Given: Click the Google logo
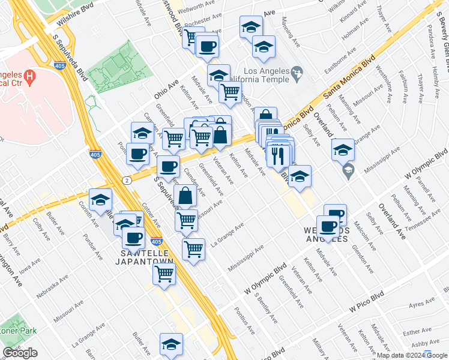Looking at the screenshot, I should tap(20, 353).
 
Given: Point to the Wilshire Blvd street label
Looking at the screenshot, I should tap(76, 18).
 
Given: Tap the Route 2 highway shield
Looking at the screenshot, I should tap(126, 180).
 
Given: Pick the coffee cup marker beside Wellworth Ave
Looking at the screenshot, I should tap(207, 46).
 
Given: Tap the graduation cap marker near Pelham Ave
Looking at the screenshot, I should tap(343, 150).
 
